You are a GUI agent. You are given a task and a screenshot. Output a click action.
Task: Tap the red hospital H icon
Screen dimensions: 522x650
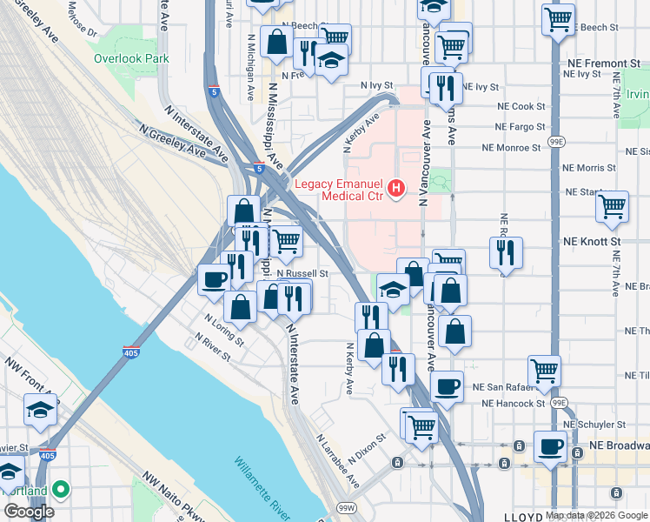(397, 188)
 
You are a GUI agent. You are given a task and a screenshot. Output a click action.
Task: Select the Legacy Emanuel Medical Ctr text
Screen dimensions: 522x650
(340, 189)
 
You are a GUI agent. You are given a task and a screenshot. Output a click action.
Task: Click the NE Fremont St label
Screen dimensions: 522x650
(600, 64)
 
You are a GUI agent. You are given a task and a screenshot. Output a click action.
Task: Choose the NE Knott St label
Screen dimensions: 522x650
(592, 240)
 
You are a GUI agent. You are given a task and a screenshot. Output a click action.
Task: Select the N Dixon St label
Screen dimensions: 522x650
(366, 448)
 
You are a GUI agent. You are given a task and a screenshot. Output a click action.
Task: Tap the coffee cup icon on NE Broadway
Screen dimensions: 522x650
(549, 447)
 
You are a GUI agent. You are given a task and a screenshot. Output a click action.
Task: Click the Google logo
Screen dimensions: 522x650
(29, 512)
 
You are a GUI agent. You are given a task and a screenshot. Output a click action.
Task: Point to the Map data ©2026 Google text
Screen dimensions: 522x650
(596, 515)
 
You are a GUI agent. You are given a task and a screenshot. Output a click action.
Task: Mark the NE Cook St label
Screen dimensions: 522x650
(521, 106)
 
